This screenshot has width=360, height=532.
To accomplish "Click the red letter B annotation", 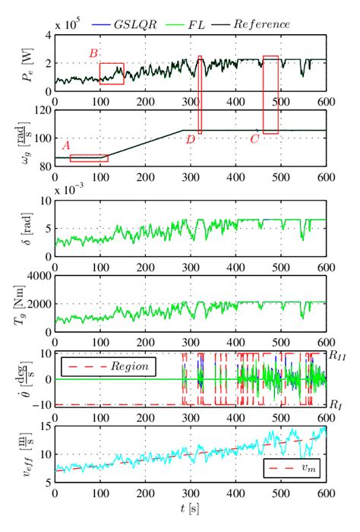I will (93, 53).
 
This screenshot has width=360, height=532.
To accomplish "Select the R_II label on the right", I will (337, 355).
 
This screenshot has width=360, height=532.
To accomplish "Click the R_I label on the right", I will (335, 404).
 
